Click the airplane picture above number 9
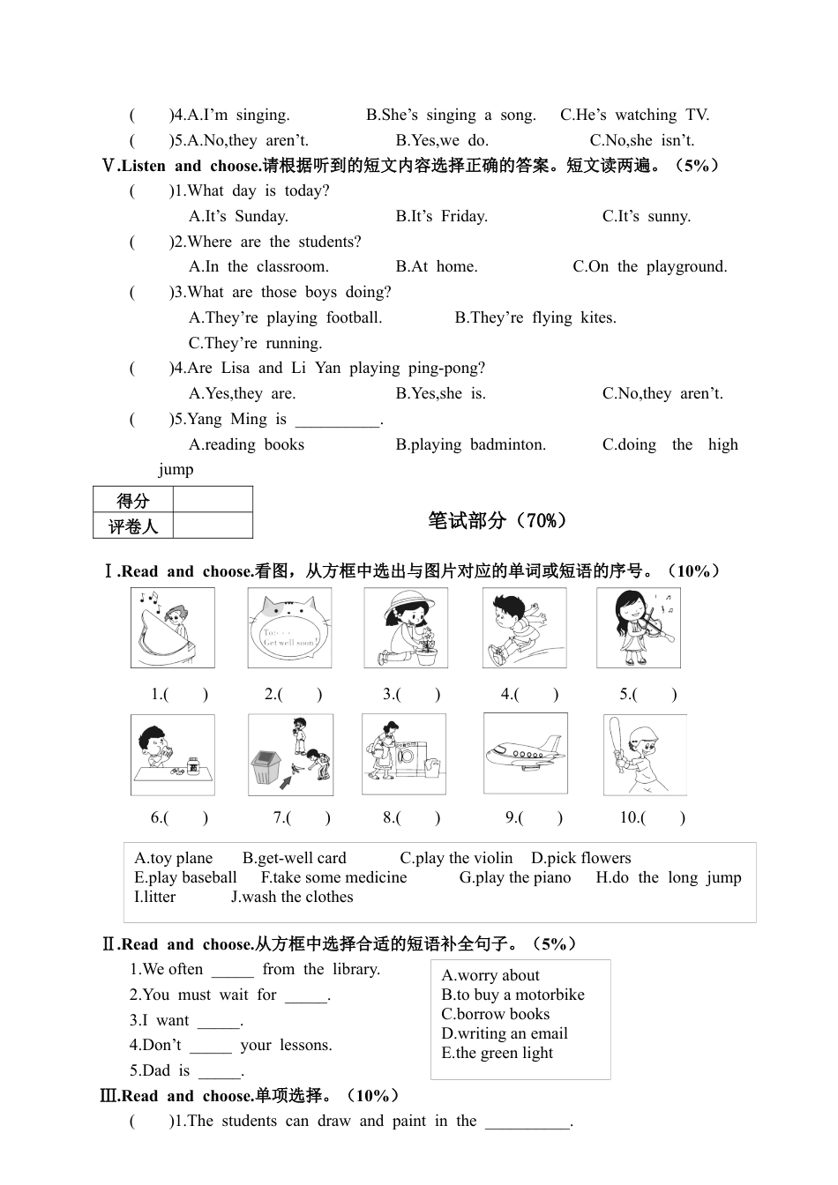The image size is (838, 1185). point(525,754)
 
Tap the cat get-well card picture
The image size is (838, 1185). point(289,628)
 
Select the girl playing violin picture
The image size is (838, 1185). point(638,628)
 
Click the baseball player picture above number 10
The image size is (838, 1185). point(644,754)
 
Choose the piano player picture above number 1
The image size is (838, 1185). point(172,628)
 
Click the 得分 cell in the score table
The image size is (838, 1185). point(133,501)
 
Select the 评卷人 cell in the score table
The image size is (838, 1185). point(133,526)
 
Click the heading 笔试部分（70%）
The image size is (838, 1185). point(498,521)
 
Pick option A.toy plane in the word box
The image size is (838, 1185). point(174,858)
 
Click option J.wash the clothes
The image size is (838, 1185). point(292,897)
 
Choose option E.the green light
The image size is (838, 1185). point(497,1053)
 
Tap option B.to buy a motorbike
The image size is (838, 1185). point(513,995)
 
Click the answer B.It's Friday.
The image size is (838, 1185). point(441,216)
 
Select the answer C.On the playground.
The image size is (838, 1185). point(650,266)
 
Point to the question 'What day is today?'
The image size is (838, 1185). point(258,190)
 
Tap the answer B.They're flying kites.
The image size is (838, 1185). point(535,317)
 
